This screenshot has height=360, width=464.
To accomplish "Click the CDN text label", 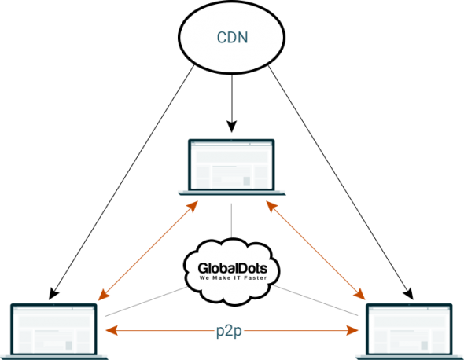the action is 232,38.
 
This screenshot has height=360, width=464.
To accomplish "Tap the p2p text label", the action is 229,331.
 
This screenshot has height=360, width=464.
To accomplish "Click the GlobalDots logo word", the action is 233,268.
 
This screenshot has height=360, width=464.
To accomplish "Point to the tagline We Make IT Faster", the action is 234,278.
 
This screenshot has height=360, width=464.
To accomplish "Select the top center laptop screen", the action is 231,165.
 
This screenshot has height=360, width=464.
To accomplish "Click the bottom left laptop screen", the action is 53,329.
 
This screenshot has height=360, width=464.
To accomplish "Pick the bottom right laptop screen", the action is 409,329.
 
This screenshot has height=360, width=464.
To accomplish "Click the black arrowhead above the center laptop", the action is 232,127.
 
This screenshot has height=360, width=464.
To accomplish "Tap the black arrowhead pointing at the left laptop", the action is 53,294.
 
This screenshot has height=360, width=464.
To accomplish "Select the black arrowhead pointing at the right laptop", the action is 408,294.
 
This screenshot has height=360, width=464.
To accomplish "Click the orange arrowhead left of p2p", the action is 112,330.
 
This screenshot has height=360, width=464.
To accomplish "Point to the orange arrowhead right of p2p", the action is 352,330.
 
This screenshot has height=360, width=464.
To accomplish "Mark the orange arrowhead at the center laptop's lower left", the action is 193,206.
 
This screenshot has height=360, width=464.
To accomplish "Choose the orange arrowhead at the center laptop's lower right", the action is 271,206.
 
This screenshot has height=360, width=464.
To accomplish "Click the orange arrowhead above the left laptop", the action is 103,296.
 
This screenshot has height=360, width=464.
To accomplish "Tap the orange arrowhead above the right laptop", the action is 359,294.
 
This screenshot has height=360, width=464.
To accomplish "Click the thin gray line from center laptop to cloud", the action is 231,221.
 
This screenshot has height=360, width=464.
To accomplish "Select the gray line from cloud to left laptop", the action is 146,301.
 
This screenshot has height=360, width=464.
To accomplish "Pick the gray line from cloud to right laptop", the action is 315,300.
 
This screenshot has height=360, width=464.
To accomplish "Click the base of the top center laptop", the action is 232,193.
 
